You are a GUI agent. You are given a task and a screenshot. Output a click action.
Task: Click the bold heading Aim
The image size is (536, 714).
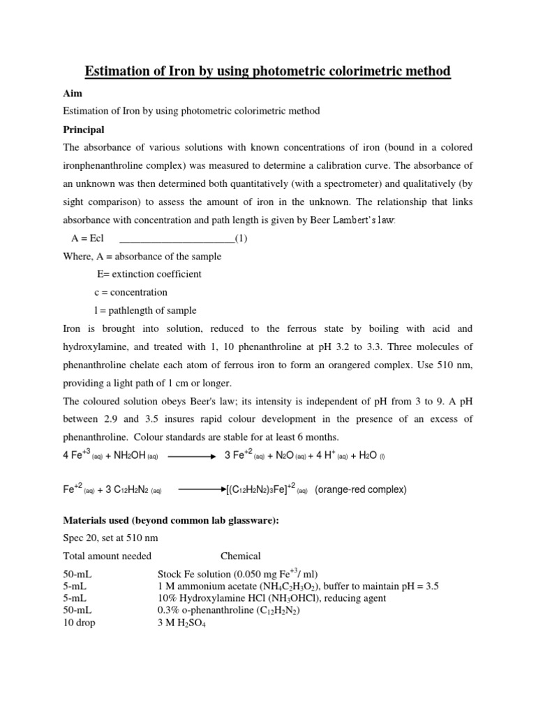tap(72, 93)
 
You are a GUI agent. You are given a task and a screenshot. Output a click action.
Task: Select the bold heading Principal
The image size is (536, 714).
tap(83, 130)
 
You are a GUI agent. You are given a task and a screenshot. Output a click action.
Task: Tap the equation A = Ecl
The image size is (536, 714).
tap(87, 238)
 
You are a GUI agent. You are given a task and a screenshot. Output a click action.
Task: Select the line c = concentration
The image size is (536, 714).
tap(131, 292)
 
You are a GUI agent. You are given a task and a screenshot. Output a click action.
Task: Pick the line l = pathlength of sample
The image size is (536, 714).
tap(145, 310)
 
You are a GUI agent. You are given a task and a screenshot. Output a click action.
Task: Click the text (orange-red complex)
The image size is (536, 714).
tap(360, 489)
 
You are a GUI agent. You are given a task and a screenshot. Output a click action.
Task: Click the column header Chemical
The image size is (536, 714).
tap(241, 556)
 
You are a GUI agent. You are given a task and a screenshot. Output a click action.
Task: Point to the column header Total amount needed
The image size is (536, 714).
tap(107, 556)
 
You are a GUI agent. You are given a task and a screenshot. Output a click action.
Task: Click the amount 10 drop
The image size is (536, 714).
tap(79, 623)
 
